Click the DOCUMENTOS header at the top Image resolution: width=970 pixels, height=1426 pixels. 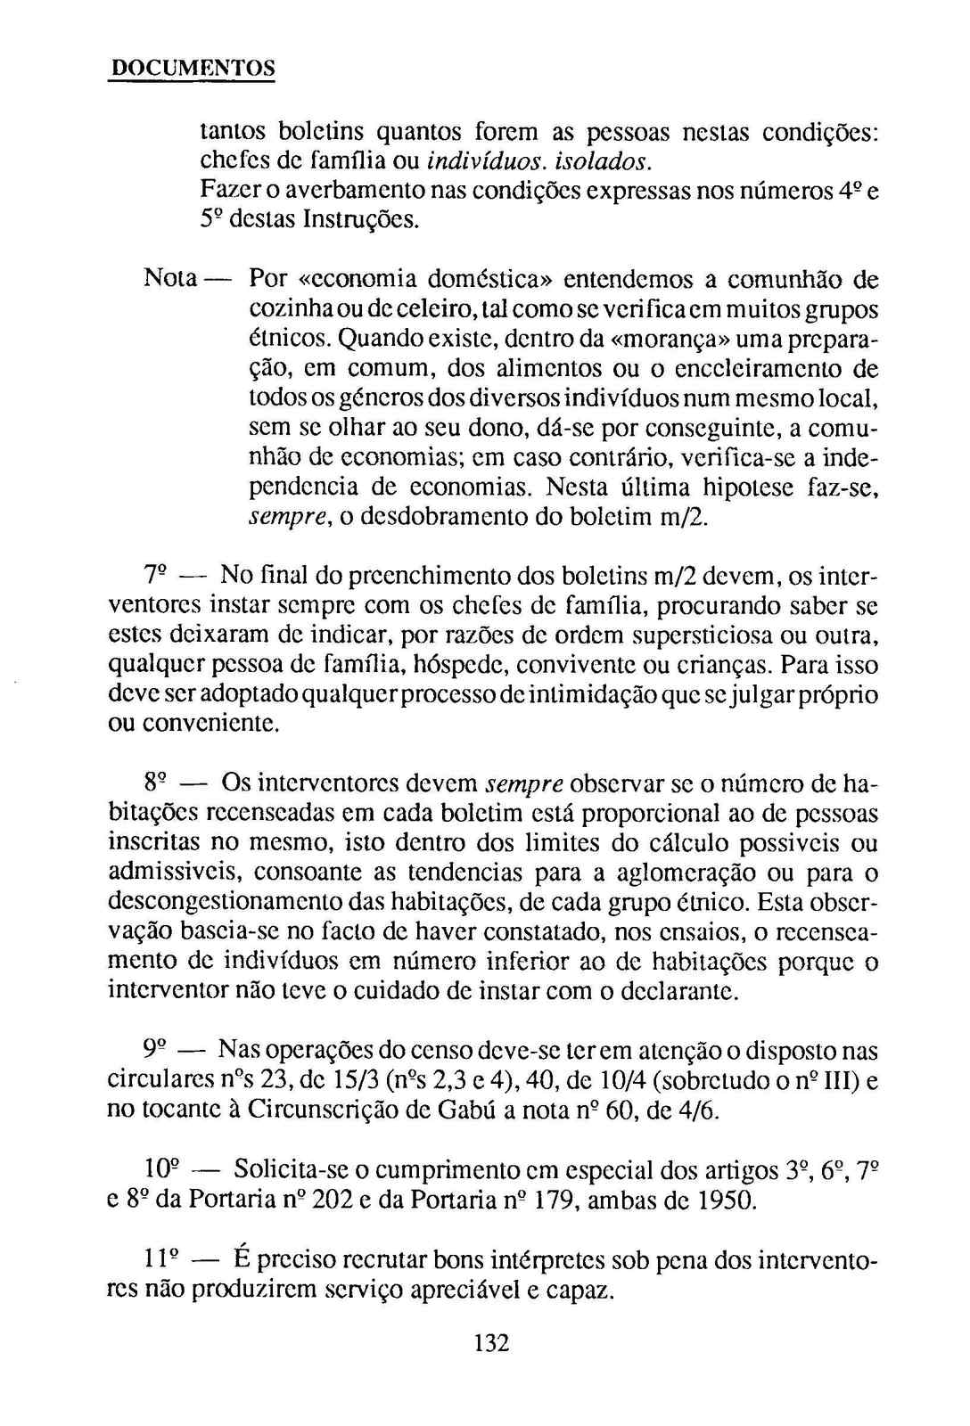pyautogui.click(x=191, y=68)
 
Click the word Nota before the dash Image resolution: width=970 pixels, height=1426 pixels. pyautogui.click(x=169, y=279)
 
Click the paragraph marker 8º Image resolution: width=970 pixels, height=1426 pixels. pyautogui.click(x=156, y=784)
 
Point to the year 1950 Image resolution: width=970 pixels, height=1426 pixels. pyautogui.click(x=729, y=1201)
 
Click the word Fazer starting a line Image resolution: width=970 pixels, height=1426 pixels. pyautogui.click(x=225, y=191)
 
